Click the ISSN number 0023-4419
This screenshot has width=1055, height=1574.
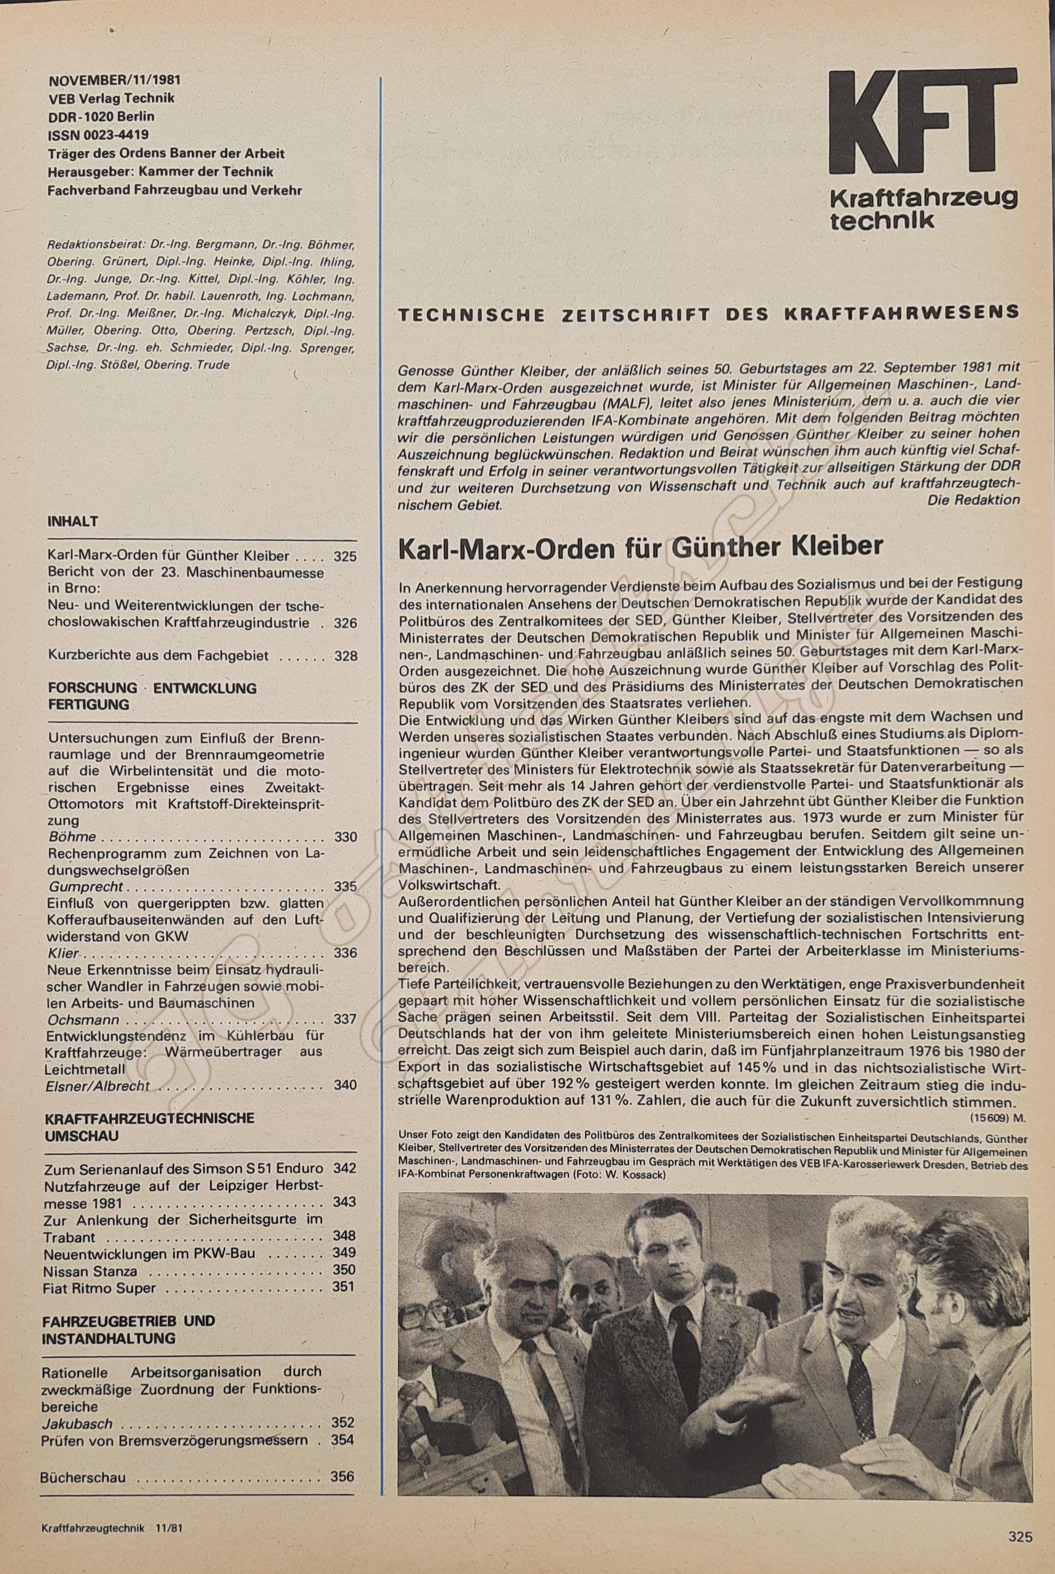98,134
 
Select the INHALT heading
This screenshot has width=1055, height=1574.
73,522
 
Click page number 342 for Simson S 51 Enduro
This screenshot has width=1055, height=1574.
344,1168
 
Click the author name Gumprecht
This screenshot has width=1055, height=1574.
86,887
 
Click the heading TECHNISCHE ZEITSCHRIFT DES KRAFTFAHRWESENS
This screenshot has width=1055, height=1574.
708,314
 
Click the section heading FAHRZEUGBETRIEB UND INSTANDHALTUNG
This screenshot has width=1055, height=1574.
128,1329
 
